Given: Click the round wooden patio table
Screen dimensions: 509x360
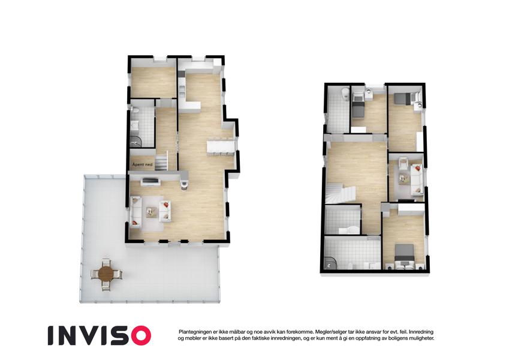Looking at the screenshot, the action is coord(106,274).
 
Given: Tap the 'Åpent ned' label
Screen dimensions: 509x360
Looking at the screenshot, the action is coord(142,165).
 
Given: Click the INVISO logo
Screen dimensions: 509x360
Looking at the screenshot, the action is coord(100,335).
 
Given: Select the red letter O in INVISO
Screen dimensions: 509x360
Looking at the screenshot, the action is coord(140,335).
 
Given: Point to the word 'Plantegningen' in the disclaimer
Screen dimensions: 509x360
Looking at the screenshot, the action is coord(194,332).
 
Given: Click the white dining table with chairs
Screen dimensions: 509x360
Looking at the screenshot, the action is coord(221,146).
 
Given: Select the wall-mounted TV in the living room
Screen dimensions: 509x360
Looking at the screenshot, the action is coord(150,181).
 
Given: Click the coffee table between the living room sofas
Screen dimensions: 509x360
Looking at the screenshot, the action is coord(150,212).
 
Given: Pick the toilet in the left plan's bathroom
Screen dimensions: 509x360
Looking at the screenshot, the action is coord(135,112).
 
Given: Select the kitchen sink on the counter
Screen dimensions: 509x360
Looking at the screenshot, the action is coord(182,90).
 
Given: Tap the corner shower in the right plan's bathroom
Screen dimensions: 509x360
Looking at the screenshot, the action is coord(330,263).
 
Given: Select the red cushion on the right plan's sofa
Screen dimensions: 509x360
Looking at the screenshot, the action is coord(417,168).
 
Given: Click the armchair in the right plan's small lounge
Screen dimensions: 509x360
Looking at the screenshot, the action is coord(403,161).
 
